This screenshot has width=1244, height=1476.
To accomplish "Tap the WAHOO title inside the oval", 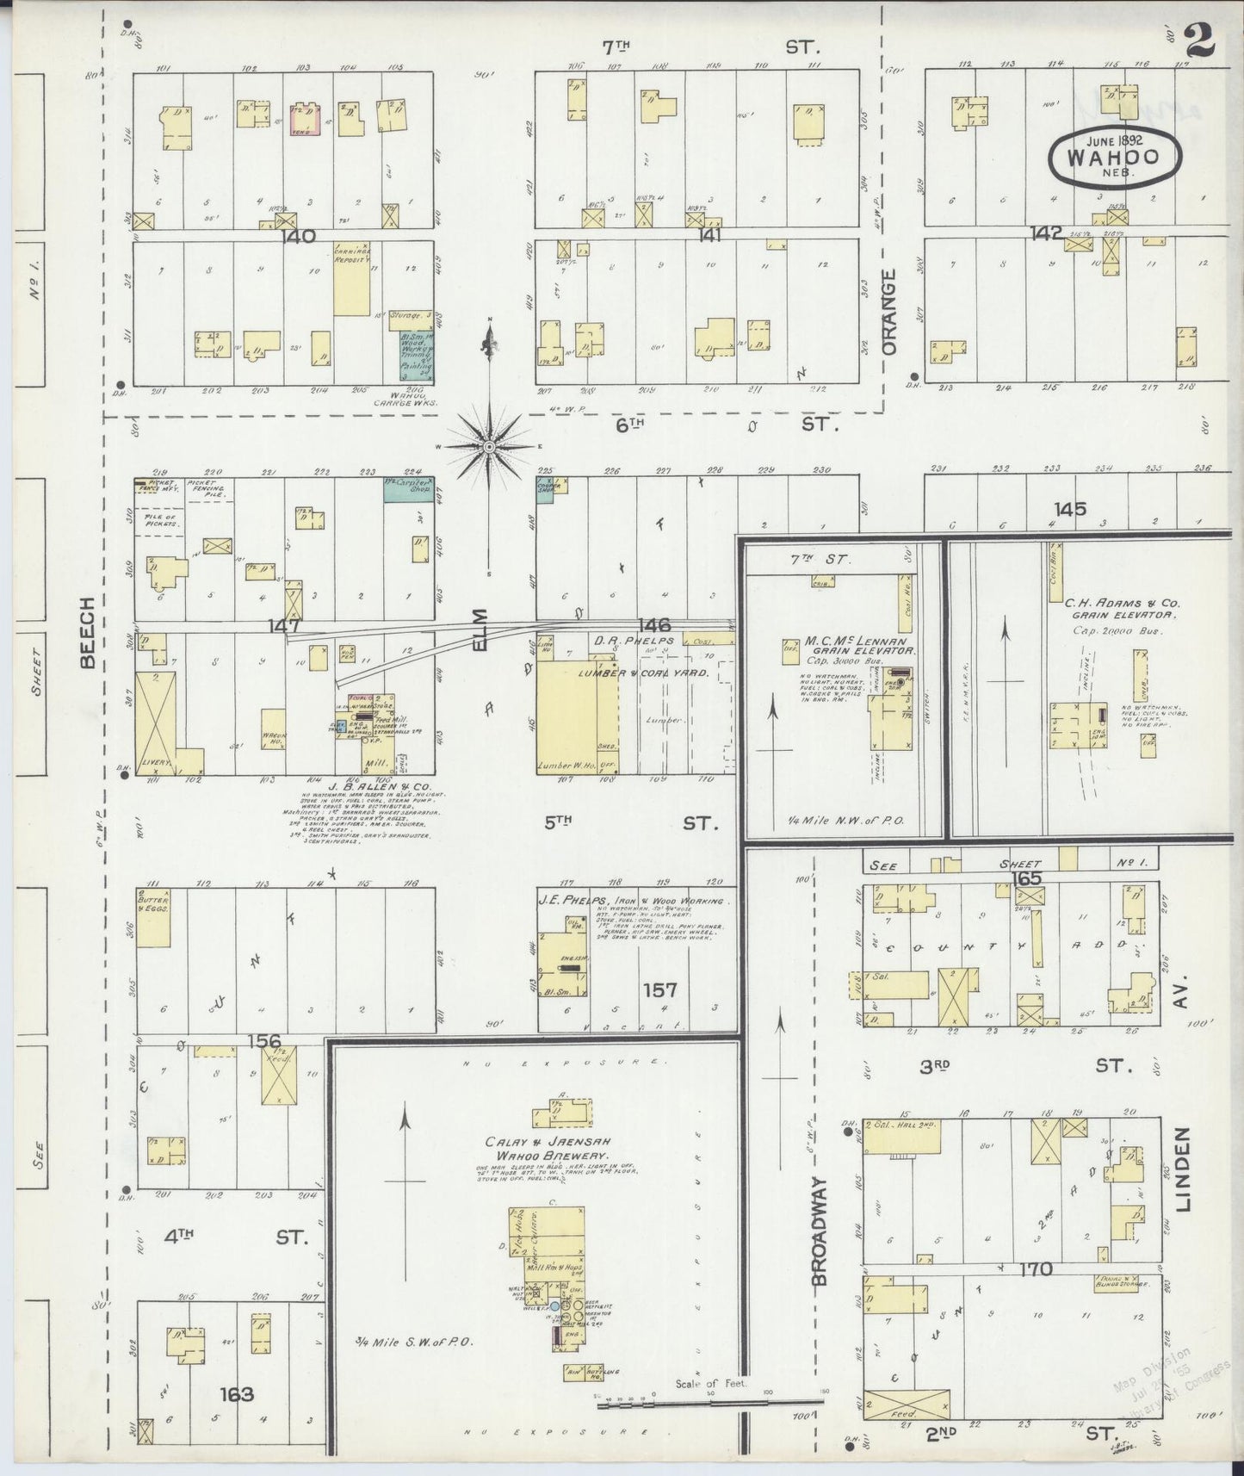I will pyautogui.click(x=1113, y=158).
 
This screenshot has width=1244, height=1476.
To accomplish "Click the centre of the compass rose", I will pyautogui.click(x=489, y=446).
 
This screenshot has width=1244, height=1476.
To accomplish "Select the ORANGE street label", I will pyautogui.click(x=889, y=312).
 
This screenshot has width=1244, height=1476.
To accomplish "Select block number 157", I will pyautogui.click(x=659, y=990).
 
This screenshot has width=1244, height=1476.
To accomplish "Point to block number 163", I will pyautogui.click(x=236, y=1393).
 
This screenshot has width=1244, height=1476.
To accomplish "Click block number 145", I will pyautogui.click(x=1069, y=509).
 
